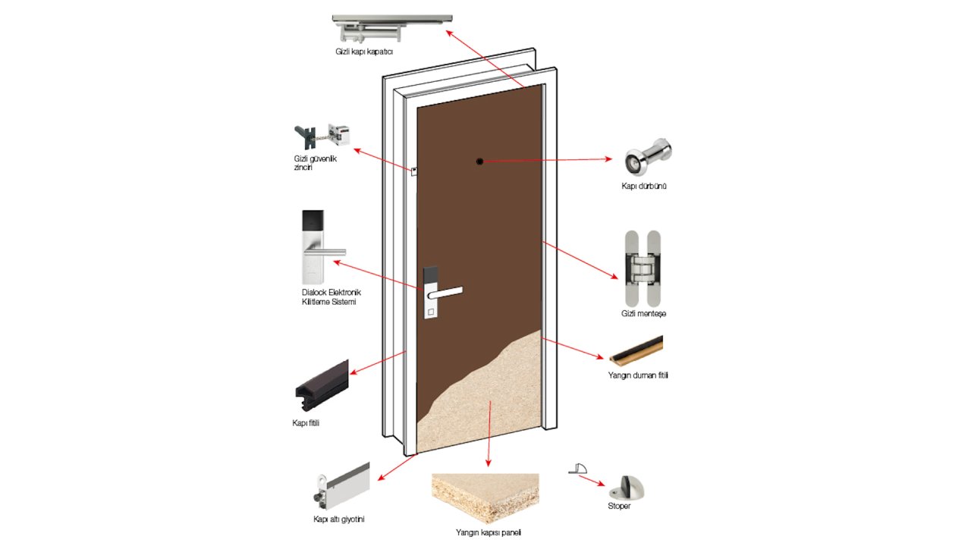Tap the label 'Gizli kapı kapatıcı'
click(x=364, y=52)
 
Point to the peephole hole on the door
click(x=479, y=161)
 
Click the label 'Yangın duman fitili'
click(x=638, y=375)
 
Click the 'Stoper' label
click(x=619, y=506)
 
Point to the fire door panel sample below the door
click(x=485, y=497)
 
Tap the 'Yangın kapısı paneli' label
click(x=489, y=532)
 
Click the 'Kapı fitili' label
click(x=306, y=422)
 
